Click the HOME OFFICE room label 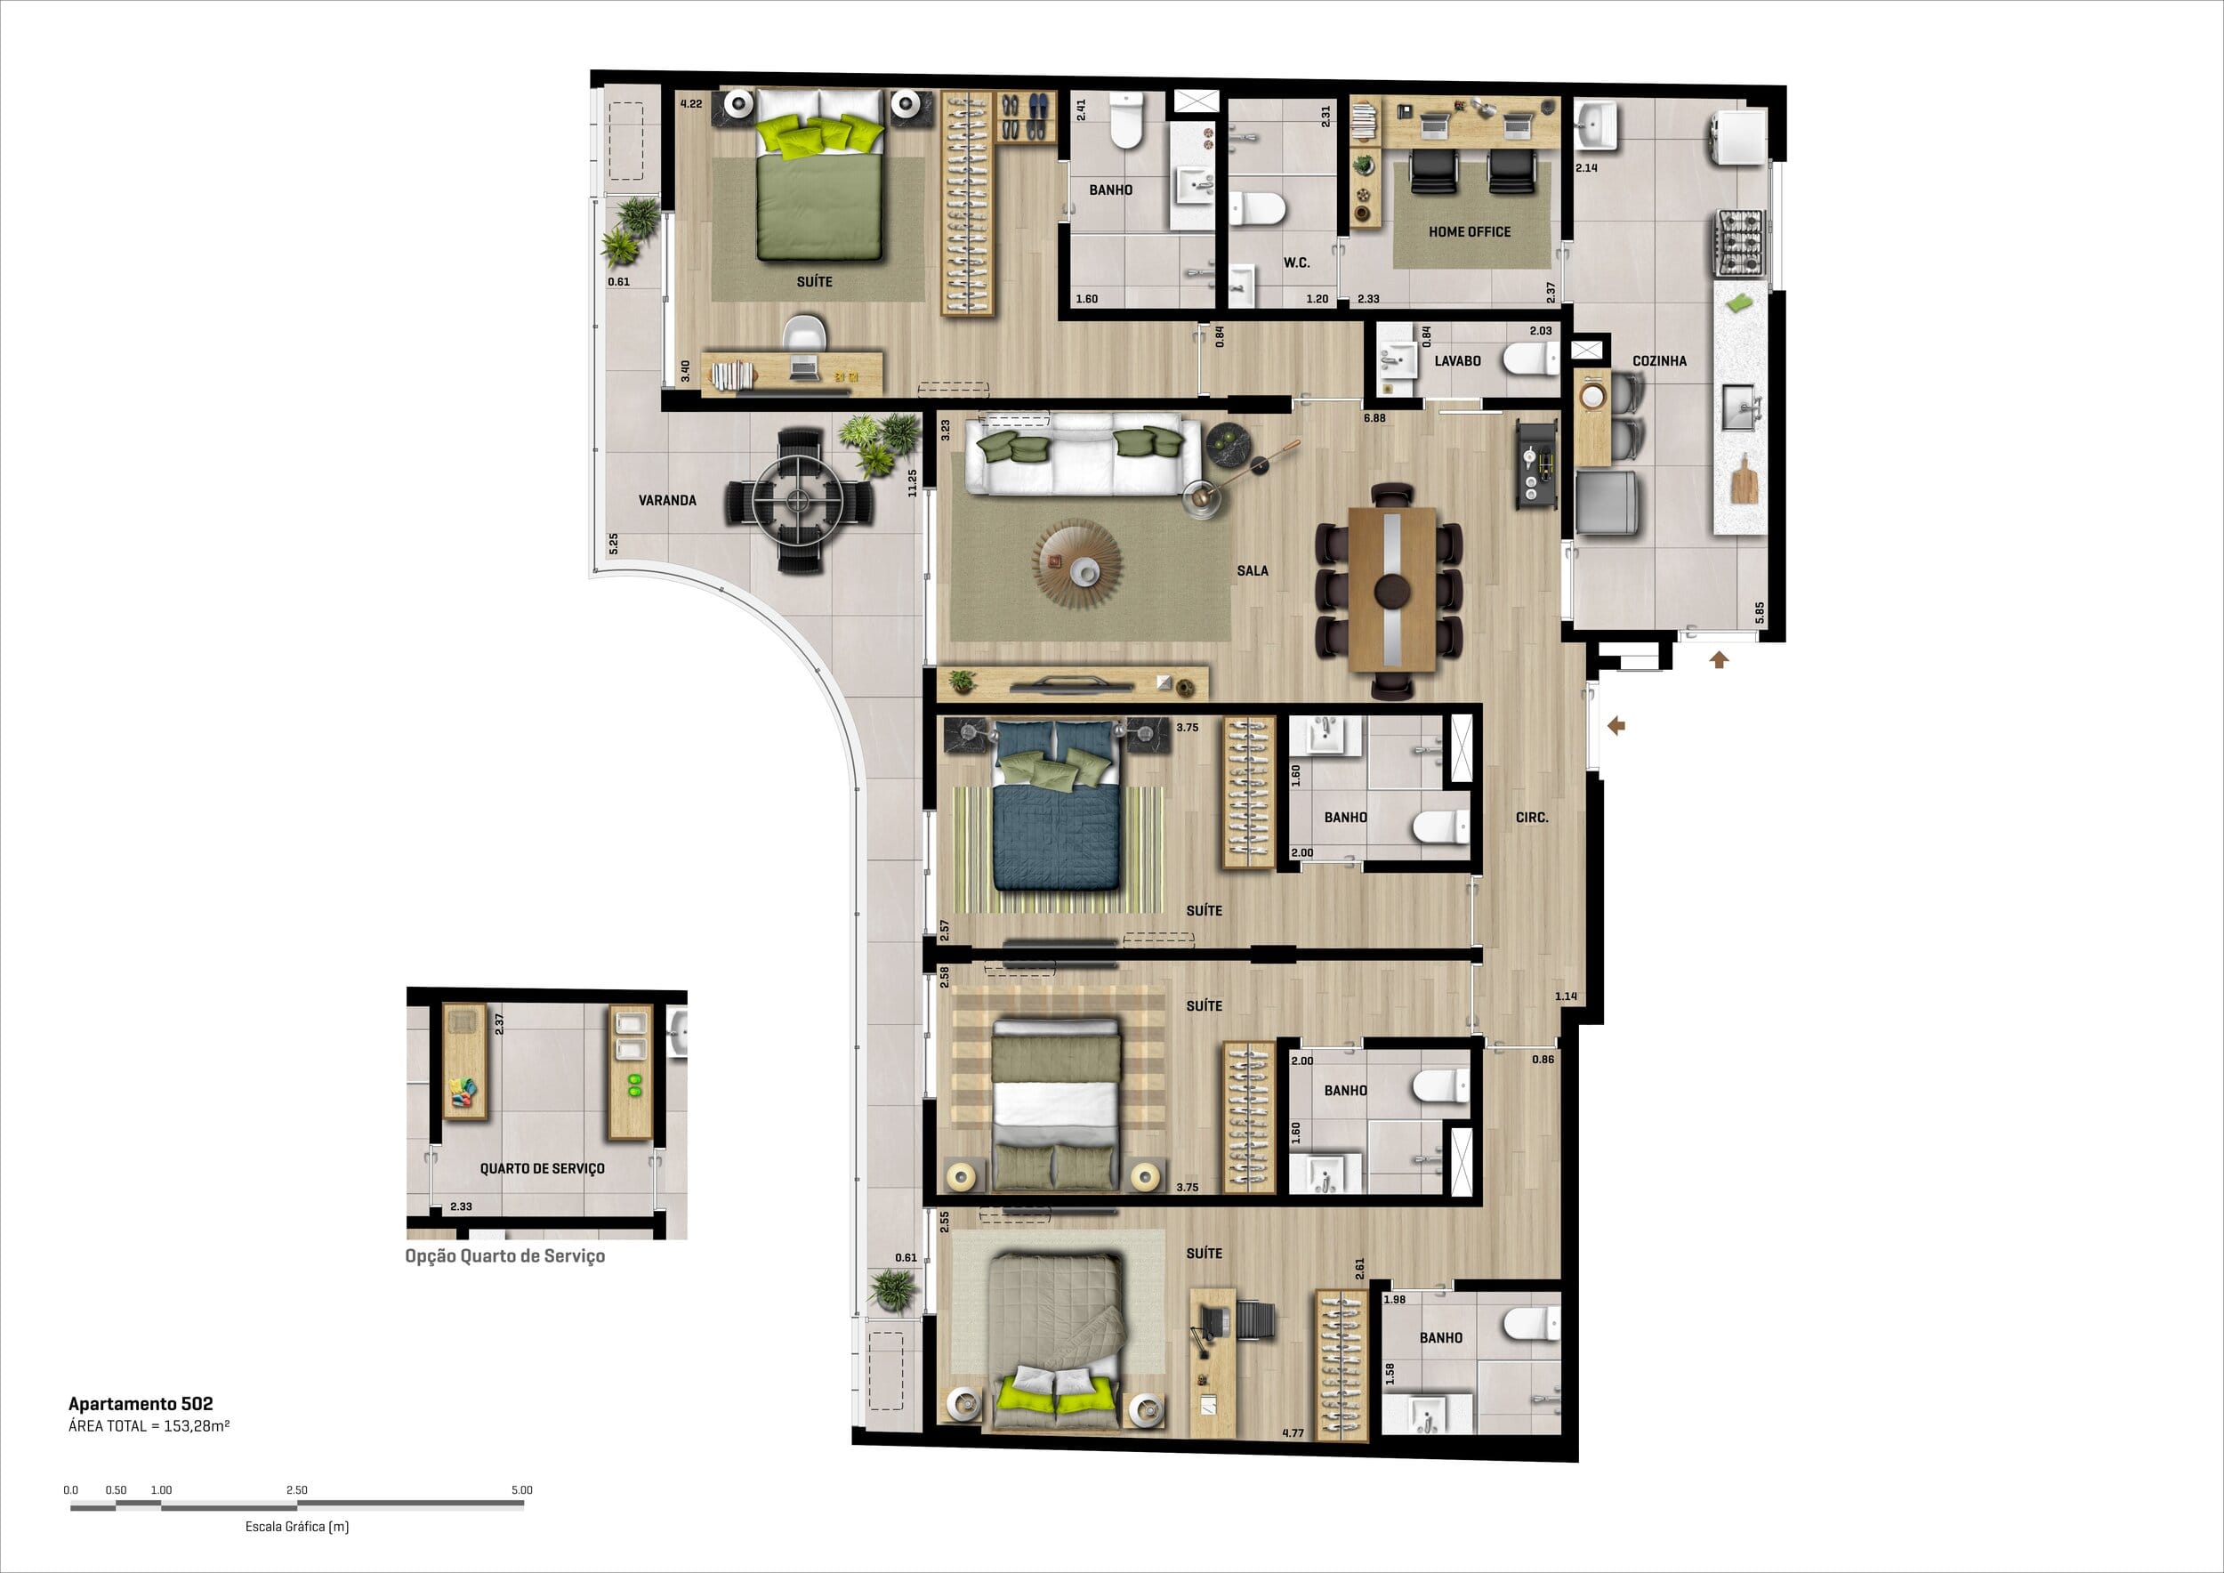click(1470, 231)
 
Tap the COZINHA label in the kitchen click(1659, 360)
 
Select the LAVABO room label click(1457, 360)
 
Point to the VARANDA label click(667, 500)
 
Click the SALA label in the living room click(1253, 570)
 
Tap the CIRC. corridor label click(1531, 818)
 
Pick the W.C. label click(1297, 262)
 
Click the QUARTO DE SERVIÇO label click(543, 1168)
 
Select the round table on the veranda click(799, 500)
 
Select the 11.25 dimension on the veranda click(912, 483)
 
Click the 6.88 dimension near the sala click(1374, 418)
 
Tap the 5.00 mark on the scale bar click(521, 1489)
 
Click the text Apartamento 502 click(141, 1403)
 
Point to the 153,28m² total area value click(194, 1426)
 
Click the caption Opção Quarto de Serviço click(504, 1256)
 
